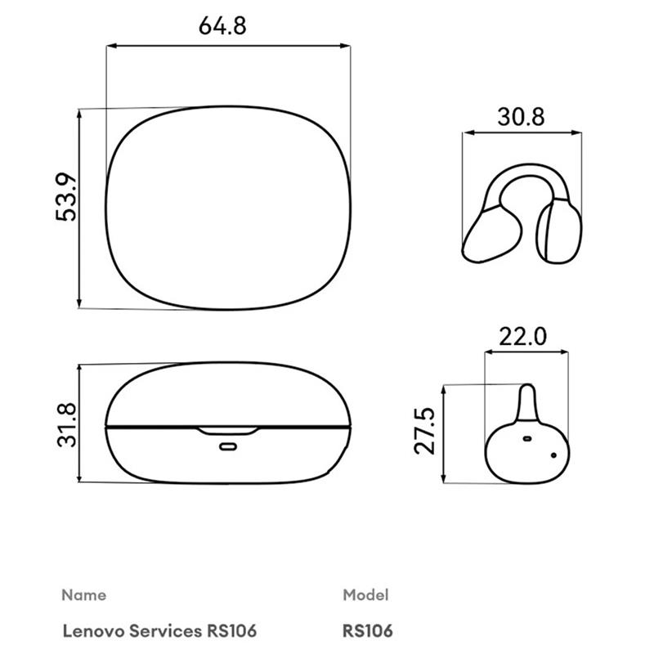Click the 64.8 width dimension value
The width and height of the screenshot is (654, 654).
pos(222,25)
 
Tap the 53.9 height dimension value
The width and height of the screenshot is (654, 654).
pos(65,197)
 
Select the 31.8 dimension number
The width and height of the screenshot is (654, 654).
pos(65,424)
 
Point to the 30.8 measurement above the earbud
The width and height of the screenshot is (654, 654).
pos(521,117)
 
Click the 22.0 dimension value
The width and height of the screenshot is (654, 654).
pos(524,337)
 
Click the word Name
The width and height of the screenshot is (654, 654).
pos(83,594)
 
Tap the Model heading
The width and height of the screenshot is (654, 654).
pos(365,594)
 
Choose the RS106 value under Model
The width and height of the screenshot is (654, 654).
pos(368,631)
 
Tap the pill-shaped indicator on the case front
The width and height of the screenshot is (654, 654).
pos(227,446)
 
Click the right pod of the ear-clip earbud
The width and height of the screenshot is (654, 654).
pos(560,231)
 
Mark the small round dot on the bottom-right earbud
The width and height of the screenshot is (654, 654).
pos(553,455)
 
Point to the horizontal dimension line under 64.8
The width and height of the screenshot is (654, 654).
pos(228,47)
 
